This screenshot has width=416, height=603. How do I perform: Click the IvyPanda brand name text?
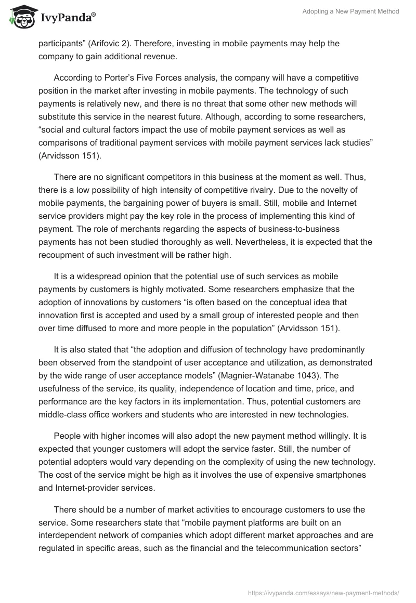68,19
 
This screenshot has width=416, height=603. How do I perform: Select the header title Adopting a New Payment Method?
350,11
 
